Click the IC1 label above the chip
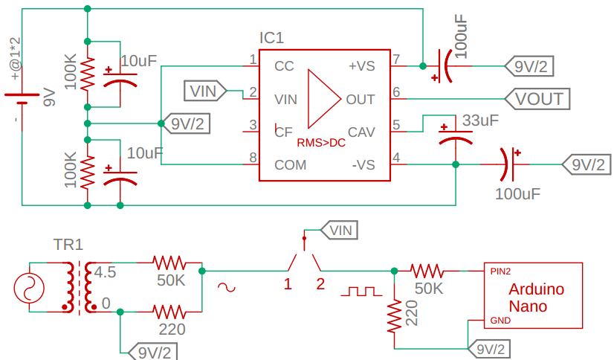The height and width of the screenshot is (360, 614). tap(271, 38)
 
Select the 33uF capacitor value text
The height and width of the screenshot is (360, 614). tap(480, 120)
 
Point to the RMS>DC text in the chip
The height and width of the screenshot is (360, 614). tap(321, 143)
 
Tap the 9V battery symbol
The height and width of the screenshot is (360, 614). tap(22, 98)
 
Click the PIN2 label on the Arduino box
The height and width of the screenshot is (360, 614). tap(500, 271)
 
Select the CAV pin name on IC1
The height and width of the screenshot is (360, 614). tap(361, 132)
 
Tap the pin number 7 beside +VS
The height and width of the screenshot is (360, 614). tap(396, 60)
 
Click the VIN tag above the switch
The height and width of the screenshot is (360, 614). tap(340, 231)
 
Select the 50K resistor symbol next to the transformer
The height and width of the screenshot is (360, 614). tap(169, 263)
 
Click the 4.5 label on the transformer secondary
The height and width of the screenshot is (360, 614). tap(106, 272)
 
